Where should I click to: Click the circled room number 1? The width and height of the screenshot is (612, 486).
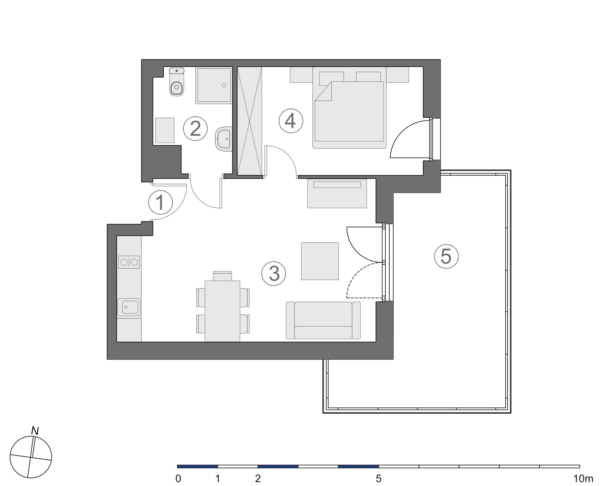(160, 202)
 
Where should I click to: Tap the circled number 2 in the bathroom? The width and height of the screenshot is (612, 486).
(195, 129)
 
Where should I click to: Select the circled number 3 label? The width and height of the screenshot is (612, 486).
(274, 274)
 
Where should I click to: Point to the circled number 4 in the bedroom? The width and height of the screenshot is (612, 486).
(291, 121)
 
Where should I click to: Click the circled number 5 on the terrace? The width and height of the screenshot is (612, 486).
(446, 256)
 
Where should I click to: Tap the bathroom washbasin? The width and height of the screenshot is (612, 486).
(223, 139)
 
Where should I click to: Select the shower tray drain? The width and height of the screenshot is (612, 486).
(224, 85)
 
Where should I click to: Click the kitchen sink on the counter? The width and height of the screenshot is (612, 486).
(129, 307)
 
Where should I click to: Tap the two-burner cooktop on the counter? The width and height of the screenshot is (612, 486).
(129, 262)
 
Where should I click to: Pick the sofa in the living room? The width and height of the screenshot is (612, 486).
(323, 320)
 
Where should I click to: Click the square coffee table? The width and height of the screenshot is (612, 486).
(320, 261)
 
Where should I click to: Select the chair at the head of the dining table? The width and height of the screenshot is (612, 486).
(222, 276)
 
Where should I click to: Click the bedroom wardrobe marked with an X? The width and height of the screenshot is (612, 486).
(249, 121)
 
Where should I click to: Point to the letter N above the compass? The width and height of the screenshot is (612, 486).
(35, 431)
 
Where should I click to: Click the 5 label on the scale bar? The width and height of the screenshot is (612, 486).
(378, 479)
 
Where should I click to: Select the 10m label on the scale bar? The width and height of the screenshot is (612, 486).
(583, 479)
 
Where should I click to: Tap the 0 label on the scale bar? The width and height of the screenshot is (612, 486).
(178, 479)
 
